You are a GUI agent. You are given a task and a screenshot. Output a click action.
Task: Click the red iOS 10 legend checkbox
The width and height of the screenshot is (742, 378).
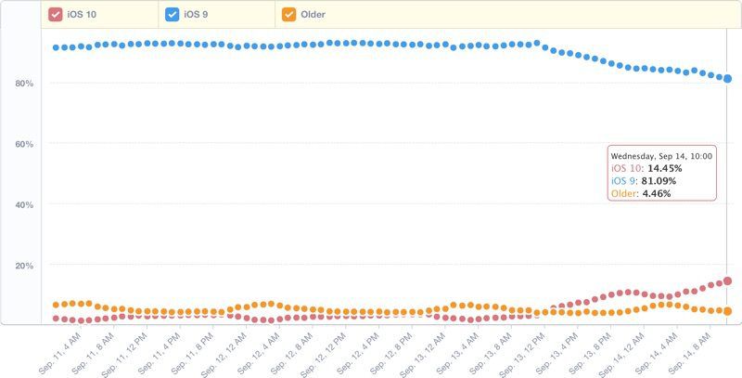pyautogui.click(x=55, y=14)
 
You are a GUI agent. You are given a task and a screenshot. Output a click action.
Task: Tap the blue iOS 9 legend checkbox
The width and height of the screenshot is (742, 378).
pyautogui.click(x=172, y=14)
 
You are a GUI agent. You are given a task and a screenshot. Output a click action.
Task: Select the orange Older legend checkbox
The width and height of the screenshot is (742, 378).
pyautogui.click(x=288, y=14)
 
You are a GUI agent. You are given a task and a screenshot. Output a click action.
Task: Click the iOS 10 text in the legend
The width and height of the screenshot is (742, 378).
pyautogui.click(x=81, y=14)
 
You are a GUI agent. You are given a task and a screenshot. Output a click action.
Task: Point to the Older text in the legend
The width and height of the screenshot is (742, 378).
pyautogui.click(x=313, y=14)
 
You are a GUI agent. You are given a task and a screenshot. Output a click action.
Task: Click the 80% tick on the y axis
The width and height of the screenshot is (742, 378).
pyautogui.click(x=24, y=84)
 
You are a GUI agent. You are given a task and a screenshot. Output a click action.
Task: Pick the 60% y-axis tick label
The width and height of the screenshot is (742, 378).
pyautogui.click(x=24, y=144)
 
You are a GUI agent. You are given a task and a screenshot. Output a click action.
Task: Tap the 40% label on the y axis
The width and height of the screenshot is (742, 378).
pyautogui.click(x=24, y=205)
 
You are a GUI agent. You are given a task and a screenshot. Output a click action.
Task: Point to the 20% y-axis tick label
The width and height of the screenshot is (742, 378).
pyautogui.click(x=24, y=266)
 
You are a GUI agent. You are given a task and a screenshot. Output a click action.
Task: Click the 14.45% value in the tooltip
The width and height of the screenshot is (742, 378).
pyautogui.click(x=664, y=168)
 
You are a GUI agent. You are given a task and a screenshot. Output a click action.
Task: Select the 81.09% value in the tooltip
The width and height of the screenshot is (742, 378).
pyautogui.click(x=659, y=181)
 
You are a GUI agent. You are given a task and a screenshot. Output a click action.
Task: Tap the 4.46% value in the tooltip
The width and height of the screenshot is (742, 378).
pyautogui.click(x=657, y=193)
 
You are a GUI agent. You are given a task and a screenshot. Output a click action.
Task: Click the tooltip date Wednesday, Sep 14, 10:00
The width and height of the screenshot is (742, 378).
pyautogui.click(x=661, y=156)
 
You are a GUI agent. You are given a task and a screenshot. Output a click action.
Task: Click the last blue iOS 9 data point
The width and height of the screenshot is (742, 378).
pyautogui.click(x=728, y=79)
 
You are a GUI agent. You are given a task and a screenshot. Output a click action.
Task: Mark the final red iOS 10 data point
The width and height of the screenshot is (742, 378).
pyautogui.click(x=728, y=280)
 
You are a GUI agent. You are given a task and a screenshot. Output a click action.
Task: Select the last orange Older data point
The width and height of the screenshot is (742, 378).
pyautogui.click(x=728, y=311)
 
